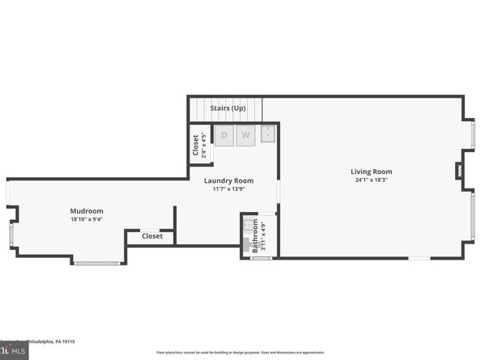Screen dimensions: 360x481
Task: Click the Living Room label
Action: click(x=371, y=172)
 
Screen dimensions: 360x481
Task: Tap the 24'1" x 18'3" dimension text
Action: click(x=371, y=180)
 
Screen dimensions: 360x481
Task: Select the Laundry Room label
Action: click(x=228, y=180)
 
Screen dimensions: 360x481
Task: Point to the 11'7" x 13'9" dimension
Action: click(x=228, y=189)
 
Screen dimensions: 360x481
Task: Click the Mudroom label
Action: click(x=87, y=211)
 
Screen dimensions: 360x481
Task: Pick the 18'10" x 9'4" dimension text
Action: click(x=87, y=219)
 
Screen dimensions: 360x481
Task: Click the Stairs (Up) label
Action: click(x=228, y=108)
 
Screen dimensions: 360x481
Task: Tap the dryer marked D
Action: click(x=223, y=135)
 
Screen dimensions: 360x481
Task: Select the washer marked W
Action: click(x=245, y=135)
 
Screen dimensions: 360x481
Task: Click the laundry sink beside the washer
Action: click(x=267, y=135)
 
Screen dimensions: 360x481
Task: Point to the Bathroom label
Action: click(x=254, y=235)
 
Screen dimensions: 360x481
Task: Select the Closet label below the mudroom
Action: click(x=151, y=236)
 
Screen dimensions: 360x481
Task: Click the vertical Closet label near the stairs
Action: click(x=196, y=144)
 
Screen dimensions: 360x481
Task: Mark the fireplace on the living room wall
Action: click(x=459, y=171)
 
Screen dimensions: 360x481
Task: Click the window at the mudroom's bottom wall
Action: click(x=97, y=263)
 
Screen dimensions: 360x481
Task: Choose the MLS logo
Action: click(x=13, y=352)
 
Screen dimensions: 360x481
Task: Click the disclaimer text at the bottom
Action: click(x=240, y=353)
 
